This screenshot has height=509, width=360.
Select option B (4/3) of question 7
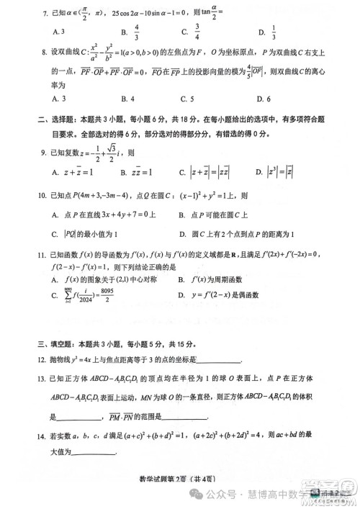pos(130,32)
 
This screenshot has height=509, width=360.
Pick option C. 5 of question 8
pos(188,99)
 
